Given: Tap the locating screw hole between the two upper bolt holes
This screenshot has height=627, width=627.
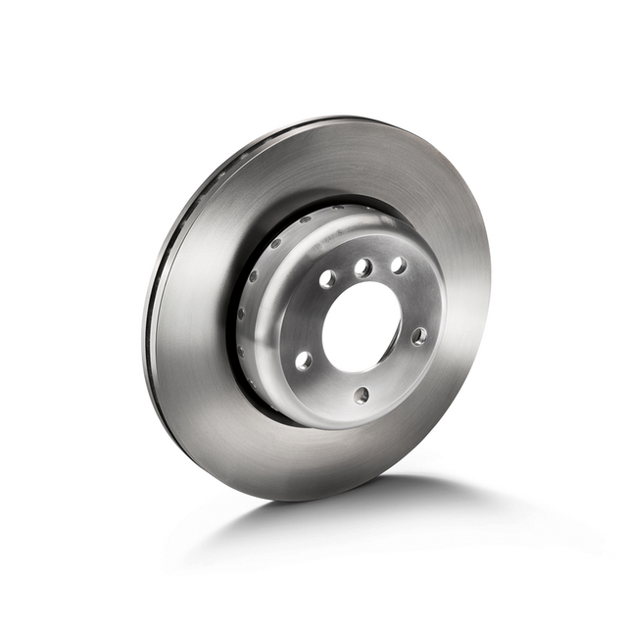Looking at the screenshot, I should pyautogui.click(x=363, y=267).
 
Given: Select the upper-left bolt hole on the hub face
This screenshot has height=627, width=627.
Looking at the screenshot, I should pyautogui.click(x=327, y=279).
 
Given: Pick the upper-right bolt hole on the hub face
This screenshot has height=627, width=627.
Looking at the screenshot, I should pyautogui.click(x=399, y=265).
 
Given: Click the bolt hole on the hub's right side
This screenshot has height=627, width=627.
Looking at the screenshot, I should pyautogui.click(x=419, y=336).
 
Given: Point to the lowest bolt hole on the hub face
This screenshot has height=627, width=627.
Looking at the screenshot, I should pyautogui.click(x=362, y=395).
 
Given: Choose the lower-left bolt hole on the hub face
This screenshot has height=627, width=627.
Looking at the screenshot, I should pyautogui.click(x=304, y=360).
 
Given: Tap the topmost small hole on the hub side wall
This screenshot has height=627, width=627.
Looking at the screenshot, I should pyautogui.click(x=277, y=244).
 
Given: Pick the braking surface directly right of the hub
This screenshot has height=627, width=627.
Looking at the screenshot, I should pyautogui.click(x=465, y=323).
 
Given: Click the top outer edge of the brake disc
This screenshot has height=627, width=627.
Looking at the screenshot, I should pyautogui.click(x=333, y=121).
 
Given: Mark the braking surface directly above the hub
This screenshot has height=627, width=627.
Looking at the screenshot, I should pyautogui.click(x=362, y=167).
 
